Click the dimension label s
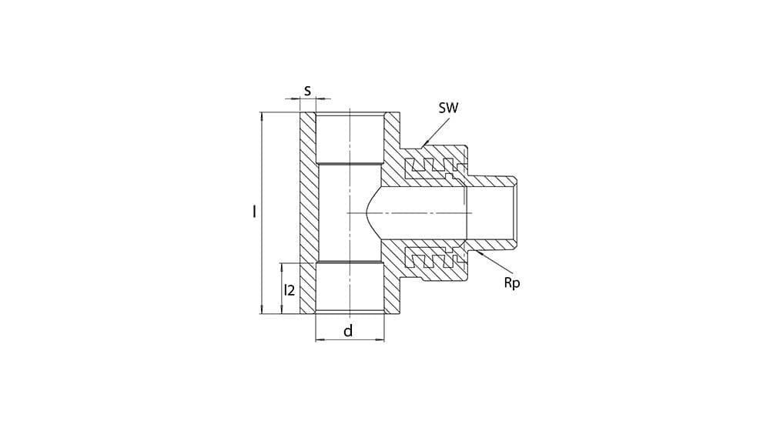[x=307, y=91]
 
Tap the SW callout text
[x=448, y=108]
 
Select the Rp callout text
[x=512, y=282]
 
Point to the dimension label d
[x=348, y=331]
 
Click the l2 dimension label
[x=290, y=289]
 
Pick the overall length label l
[x=254, y=212]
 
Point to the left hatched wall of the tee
[x=309, y=213]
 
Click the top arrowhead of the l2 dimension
[x=282, y=266]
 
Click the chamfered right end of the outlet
[x=514, y=213]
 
